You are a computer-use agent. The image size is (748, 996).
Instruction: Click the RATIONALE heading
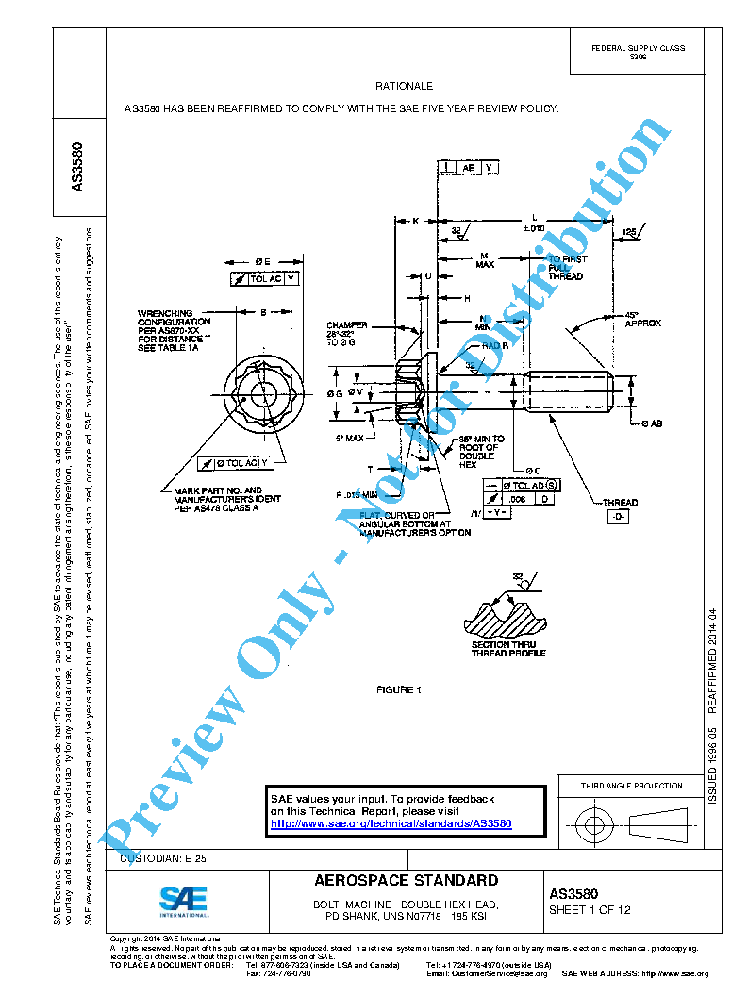click(x=404, y=86)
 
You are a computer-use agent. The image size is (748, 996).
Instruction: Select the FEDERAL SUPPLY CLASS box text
click(x=638, y=52)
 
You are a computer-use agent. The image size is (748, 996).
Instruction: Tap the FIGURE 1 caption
click(x=398, y=690)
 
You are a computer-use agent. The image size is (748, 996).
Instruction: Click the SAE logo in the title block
click(x=183, y=901)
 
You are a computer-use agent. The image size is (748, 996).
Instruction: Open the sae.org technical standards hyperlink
click(x=391, y=823)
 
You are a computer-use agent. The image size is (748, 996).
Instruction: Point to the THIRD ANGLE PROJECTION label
click(x=631, y=786)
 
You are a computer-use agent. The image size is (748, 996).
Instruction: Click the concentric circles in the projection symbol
click(x=593, y=826)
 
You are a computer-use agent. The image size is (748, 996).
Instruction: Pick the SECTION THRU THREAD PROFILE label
click(x=508, y=648)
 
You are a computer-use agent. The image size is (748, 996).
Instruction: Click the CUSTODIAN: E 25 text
click(x=163, y=858)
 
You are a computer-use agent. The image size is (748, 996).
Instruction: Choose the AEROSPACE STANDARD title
click(x=406, y=881)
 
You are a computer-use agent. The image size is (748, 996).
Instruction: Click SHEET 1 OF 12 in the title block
click(x=590, y=910)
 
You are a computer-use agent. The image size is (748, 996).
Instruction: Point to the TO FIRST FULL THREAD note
click(x=567, y=267)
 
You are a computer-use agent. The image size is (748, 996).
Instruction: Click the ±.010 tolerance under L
click(x=534, y=228)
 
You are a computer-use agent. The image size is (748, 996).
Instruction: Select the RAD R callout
click(x=495, y=345)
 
